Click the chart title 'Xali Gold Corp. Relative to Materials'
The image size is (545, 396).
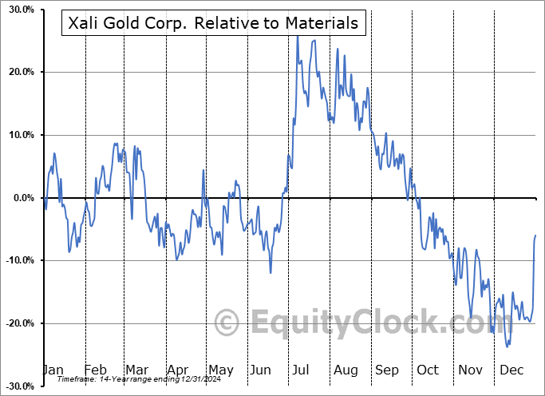[x=213, y=23]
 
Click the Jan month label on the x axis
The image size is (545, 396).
[x=52, y=370]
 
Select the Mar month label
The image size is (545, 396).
[x=136, y=370]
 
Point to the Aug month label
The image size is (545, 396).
[x=346, y=370]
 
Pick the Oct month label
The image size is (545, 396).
[x=428, y=370]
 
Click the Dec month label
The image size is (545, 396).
[x=511, y=370]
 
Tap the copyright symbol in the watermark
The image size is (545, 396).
[x=227, y=323]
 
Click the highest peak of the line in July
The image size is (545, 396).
[x=297, y=36]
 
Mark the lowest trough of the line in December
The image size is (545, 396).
[x=507, y=346]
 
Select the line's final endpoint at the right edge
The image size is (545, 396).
[x=535, y=236]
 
